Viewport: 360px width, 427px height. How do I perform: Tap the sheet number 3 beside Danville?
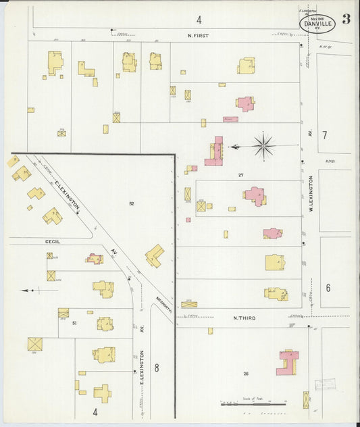click(x=346, y=19)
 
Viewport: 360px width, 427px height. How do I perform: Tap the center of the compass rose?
click(x=263, y=145)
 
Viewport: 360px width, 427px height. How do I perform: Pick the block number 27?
click(x=240, y=175)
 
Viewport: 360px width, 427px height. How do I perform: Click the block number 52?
click(x=132, y=203)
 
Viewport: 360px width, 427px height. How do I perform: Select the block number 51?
click(x=74, y=324)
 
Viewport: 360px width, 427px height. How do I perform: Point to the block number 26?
click(x=246, y=373)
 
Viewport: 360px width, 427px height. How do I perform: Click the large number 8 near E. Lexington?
click(x=157, y=368)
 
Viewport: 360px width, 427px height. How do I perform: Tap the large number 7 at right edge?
click(x=324, y=135)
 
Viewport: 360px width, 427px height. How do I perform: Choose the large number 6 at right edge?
click(x=328, y=288)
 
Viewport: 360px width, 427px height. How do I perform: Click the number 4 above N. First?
click(x=199, y=19)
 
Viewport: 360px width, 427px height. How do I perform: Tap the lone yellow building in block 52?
click(x=154, y=255)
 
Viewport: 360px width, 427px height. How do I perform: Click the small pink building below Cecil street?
click(x=94, y=258)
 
